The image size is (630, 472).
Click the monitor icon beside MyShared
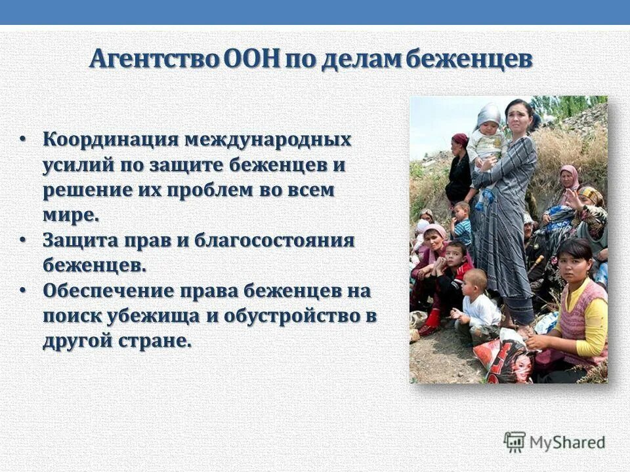click(514, 442)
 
